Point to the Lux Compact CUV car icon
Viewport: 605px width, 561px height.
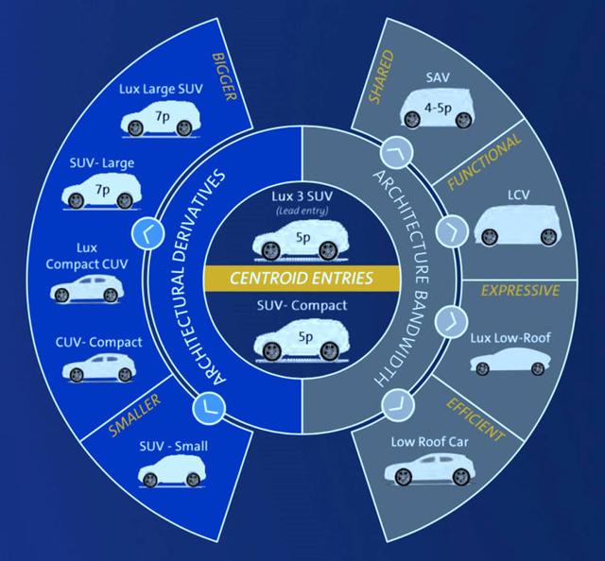pyautogui.click(x=86, y=288)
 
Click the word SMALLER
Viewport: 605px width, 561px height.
pyautogui.click(x=134, y=411)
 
